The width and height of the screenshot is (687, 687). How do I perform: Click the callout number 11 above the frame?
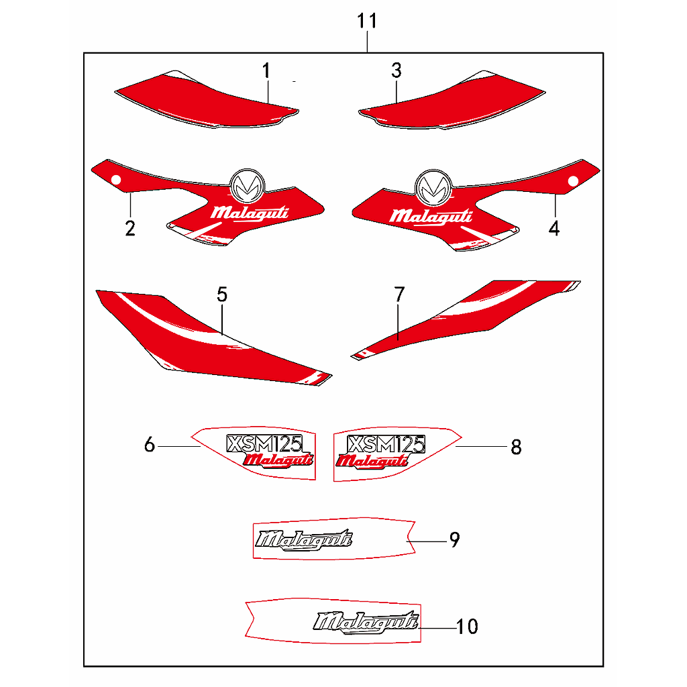[x=367, y=21]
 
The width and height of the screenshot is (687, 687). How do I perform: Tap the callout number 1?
[x=266, y=70]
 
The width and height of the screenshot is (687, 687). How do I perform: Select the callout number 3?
[x=396, y=70]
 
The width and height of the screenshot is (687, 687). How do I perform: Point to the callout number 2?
[x=130, y=228]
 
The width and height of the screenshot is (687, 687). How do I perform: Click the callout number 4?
[x=553, y=228]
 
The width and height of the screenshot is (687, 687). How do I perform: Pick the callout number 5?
[x=222, y=295]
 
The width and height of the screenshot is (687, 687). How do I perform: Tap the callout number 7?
[x=399, y=295]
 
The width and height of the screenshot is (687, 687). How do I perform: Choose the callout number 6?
[x=150, y=444]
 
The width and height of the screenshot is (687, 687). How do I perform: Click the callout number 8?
[x=516, y=447]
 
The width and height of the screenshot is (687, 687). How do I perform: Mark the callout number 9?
[x=455, y=539]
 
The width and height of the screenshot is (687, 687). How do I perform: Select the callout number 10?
[x=467, y=627]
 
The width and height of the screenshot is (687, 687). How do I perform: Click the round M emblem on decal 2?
[x=248, y=186]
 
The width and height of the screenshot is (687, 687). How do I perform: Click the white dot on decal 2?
[x=116, y=180]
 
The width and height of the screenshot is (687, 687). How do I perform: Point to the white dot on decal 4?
[x=573, y=181]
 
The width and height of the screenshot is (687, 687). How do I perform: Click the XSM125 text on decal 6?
[x=264, y=443]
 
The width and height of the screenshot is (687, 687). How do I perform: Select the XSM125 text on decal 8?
[x=386, y=444]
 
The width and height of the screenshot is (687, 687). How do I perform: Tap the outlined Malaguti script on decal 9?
[x=304, y=539]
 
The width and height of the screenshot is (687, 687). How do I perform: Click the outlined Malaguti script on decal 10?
[x=366, y=621]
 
